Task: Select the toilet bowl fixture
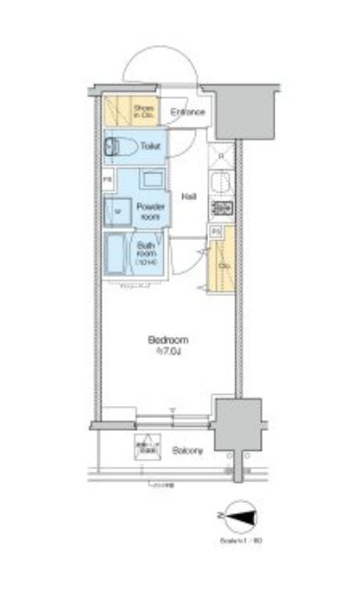[123, 147]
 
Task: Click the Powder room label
[148, 212]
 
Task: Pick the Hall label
[189, 197]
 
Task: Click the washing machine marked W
[116, 210]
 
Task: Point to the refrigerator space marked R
[221, 157]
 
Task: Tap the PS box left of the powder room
[107, 180]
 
